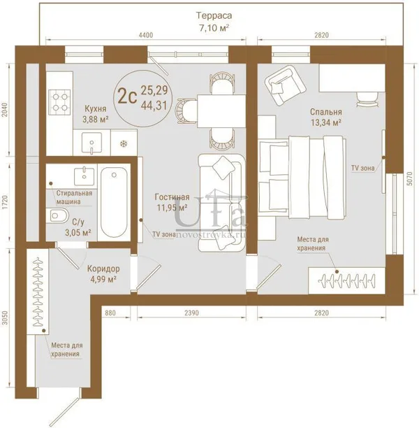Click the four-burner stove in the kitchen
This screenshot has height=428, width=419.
tap(59, 102)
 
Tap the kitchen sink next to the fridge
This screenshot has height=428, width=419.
tap(92, 143)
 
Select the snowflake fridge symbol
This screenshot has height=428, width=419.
tap(124, 143)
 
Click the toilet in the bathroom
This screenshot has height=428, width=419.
tap(57, 215)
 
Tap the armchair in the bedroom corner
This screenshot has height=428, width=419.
tap(285, 85)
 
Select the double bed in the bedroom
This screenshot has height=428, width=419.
tap(302, 178)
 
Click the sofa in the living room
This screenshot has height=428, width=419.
tap(221, 203)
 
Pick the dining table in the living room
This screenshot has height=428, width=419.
tap(221, 110)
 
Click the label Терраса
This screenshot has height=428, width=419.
tap(214, 15)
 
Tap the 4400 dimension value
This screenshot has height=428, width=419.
tap(146, 35)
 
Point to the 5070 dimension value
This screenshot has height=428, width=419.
tap(409, 179)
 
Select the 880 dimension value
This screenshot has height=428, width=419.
tap(110, 313)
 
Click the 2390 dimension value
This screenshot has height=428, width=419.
tap(191, 313)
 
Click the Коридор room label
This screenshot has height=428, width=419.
tap(103, 269)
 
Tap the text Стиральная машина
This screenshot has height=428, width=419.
tap(74, 197)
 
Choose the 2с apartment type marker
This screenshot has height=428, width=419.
tap(127, 97)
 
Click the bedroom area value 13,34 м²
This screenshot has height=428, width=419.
tap(326, 122)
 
